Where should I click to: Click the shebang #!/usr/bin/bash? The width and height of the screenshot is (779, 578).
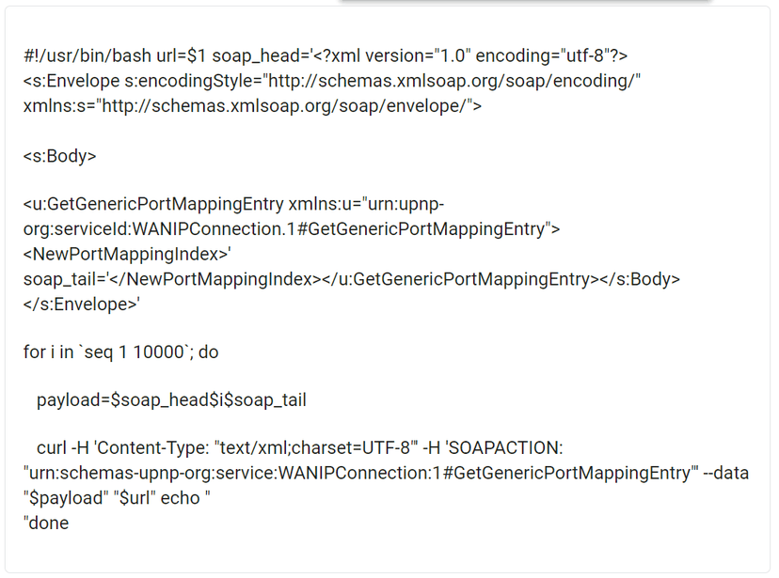pos(87,56)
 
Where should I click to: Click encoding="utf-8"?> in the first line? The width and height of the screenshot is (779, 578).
pos(551,56)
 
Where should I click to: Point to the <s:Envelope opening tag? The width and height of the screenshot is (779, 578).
pos(72,81)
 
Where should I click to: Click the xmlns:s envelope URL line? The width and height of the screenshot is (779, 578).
pos(252,106)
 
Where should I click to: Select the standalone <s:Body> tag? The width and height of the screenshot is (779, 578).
pos(59,156)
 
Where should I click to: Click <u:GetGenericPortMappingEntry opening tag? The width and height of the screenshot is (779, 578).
pos(153,204)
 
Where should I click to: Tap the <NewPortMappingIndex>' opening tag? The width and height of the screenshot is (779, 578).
pos(127,254)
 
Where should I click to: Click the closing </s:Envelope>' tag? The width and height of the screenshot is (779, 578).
pos(82,305)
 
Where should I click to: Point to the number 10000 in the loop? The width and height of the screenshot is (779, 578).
pos(158,352)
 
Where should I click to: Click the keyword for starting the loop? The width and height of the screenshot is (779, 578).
pos(34,352)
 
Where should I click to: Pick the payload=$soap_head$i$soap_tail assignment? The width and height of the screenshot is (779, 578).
pos(171,400)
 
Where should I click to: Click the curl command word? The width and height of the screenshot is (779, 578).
pos(51,448)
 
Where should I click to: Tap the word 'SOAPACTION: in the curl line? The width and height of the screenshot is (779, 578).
pos(503,448)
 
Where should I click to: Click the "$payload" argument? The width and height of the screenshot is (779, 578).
pos(66,498)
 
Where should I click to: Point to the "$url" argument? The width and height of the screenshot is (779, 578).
pos(135,498)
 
